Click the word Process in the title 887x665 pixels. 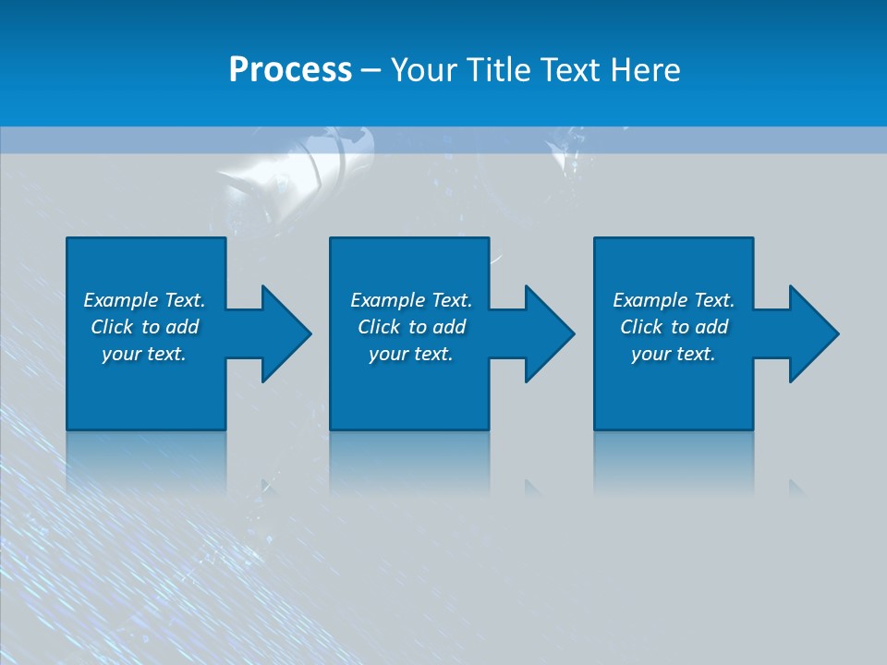290,69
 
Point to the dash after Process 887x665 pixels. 371,70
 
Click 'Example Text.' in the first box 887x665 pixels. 144,300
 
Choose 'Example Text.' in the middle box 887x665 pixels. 411,300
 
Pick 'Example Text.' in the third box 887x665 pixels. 674,300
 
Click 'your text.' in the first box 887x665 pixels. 144,354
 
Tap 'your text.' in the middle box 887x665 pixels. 411,354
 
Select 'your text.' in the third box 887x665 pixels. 674,354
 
